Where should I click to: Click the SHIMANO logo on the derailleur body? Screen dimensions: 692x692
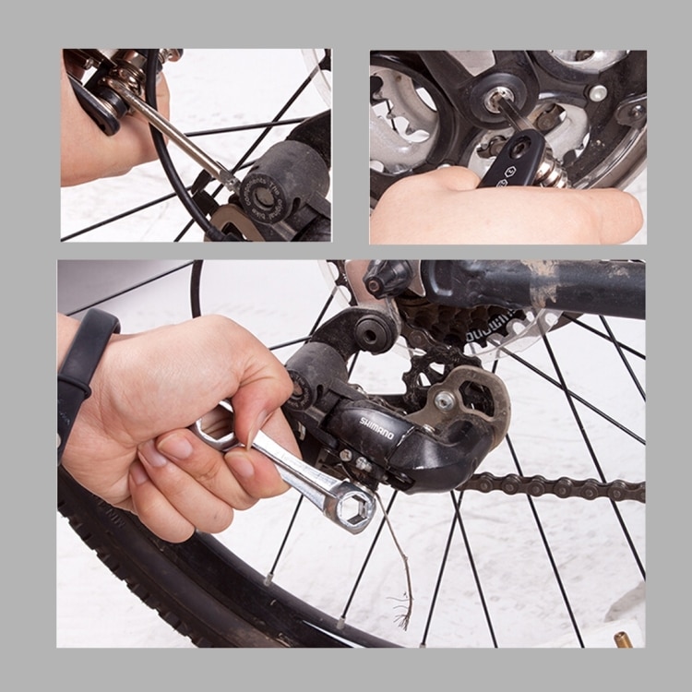pyautogui.click(x=376, y=427)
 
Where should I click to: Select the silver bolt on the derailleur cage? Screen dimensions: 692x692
pyautogui.click(x=446, y=400)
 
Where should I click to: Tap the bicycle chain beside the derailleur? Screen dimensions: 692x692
pyautogui.click(x=554, y=486)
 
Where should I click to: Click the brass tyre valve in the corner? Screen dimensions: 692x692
pyautogui.click(x=625, y=638)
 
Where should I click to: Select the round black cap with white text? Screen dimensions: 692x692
pyautogui.click(x=267, y=195)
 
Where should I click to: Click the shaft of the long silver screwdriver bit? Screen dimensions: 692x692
pyautogui.click(x=175, y=135)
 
